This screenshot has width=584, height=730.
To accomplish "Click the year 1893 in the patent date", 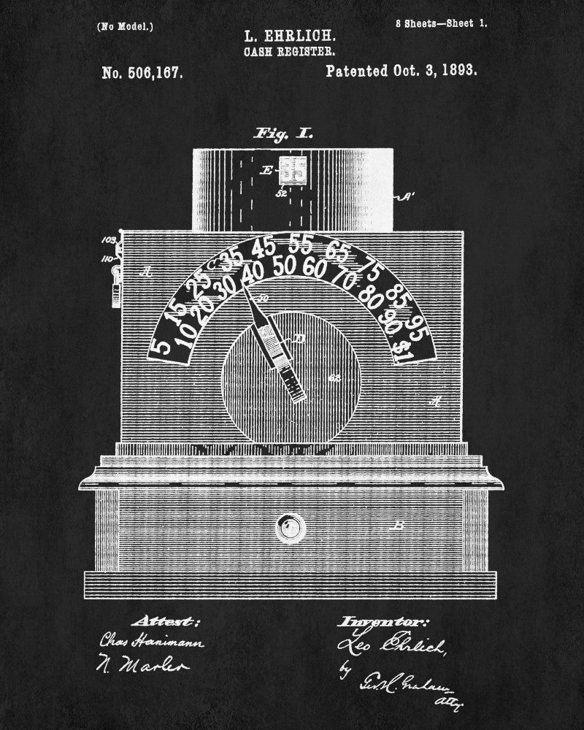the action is point(458,72).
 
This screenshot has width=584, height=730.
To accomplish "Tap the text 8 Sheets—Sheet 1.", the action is point(441,23).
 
